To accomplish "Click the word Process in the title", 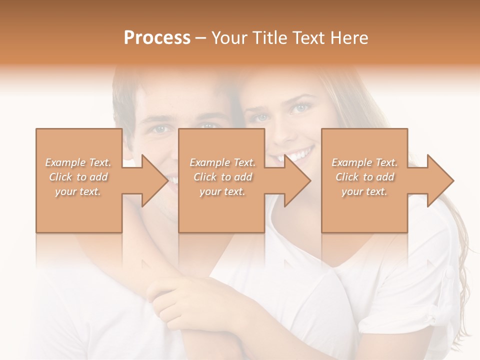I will tap(157, 38).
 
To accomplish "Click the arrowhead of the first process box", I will tap(155, 180).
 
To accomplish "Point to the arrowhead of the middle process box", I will tap(298, 180).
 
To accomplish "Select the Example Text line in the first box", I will tap(78, 162).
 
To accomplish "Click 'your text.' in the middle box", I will tap(222, 191).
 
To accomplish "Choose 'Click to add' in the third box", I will tap(364, 177).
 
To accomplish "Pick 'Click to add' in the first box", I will tap(78, 177).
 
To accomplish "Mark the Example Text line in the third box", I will tap(364, 162).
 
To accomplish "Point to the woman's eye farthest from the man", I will tap(301, 107).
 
